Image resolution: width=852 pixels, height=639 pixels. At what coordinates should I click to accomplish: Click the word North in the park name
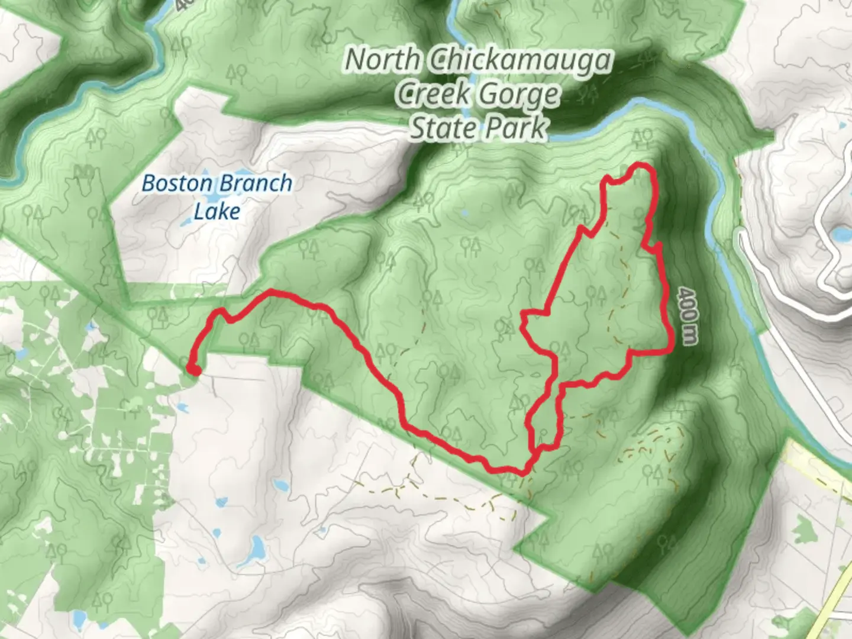point(382,60)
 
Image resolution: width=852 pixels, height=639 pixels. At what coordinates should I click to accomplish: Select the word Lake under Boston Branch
point(217,211)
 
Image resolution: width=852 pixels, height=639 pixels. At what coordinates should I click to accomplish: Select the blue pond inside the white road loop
point(840,235)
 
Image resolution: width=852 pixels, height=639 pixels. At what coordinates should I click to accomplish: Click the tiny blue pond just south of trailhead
point(182,408)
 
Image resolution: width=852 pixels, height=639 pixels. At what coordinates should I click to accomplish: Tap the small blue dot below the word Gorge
point(463,212)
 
